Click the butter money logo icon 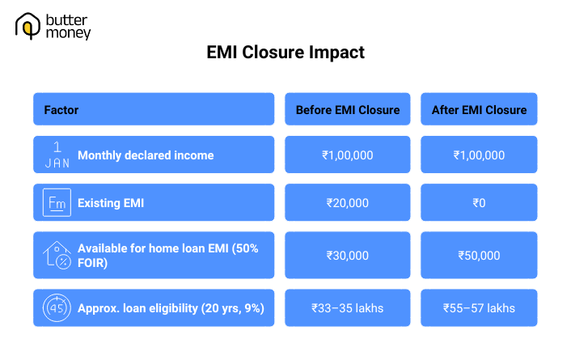click(28, 26)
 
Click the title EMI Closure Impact click(285, 53)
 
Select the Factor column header click(61, 109)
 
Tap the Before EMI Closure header click(348, 109)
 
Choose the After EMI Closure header click(478, 109)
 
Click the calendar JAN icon click(57, 155)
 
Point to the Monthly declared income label click(146, 155)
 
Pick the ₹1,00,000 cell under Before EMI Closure click(348, 155)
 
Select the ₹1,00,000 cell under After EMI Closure click(478, 155)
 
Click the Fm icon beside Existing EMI click(57, 203)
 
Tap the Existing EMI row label click(111, 203)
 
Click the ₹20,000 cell click(348, 203)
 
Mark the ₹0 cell click(478, 203)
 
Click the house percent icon click(57, 255)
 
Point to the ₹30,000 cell click(348, 256)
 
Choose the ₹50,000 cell click(478, 256)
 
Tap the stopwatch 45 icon click(57, 308)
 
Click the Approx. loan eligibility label click(171, 308)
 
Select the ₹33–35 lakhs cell click(348, 308)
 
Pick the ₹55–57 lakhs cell click(478, 308)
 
